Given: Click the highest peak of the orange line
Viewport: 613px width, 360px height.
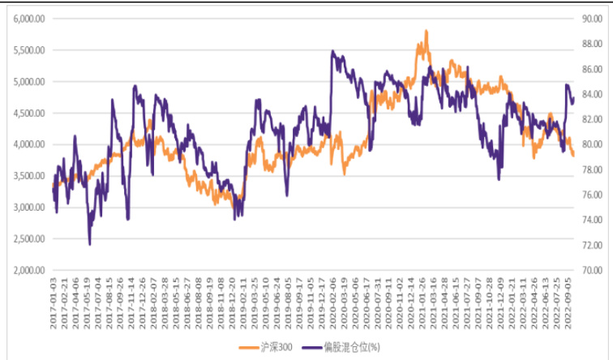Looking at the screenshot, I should point(426,32).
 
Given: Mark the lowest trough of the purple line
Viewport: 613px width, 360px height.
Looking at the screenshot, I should point(89,244).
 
